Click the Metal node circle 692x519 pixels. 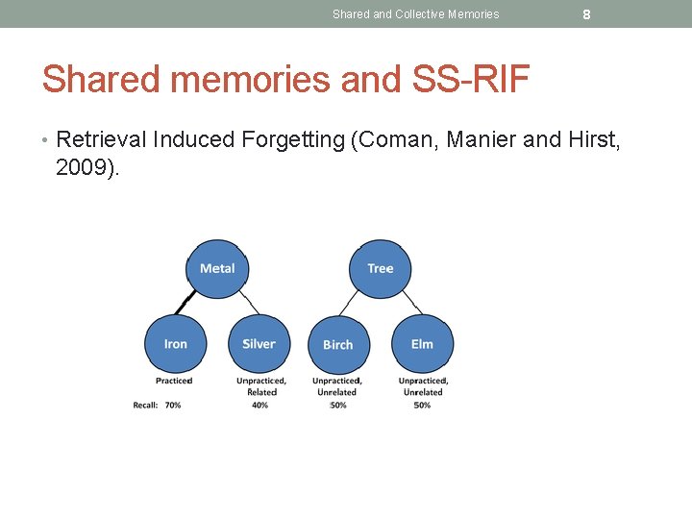pos(217,268)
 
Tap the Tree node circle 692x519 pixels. pos(381,268)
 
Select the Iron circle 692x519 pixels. pos(176,344)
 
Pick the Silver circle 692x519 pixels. pos(259,344)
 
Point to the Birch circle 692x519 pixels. pos(338,344)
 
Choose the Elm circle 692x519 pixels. pos(422,344)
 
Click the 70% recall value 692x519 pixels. pos(173,406)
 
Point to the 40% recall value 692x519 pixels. pos(259,406)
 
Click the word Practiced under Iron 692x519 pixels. pos(174,381)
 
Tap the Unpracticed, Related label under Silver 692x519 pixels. pos(261,386)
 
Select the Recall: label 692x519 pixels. pos(145,406)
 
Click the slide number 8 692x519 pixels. pos(586,14)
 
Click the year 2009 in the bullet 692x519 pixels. pos(86,168)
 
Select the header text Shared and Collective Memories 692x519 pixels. pos(416,14)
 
